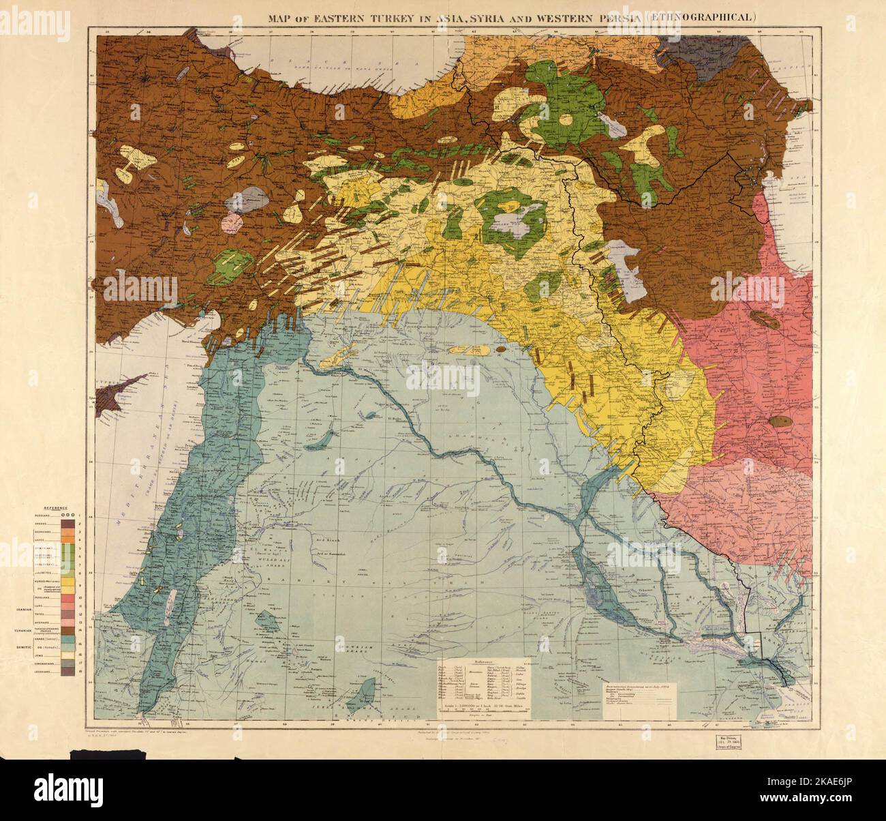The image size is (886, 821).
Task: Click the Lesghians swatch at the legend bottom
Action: (x=67, y=672)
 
